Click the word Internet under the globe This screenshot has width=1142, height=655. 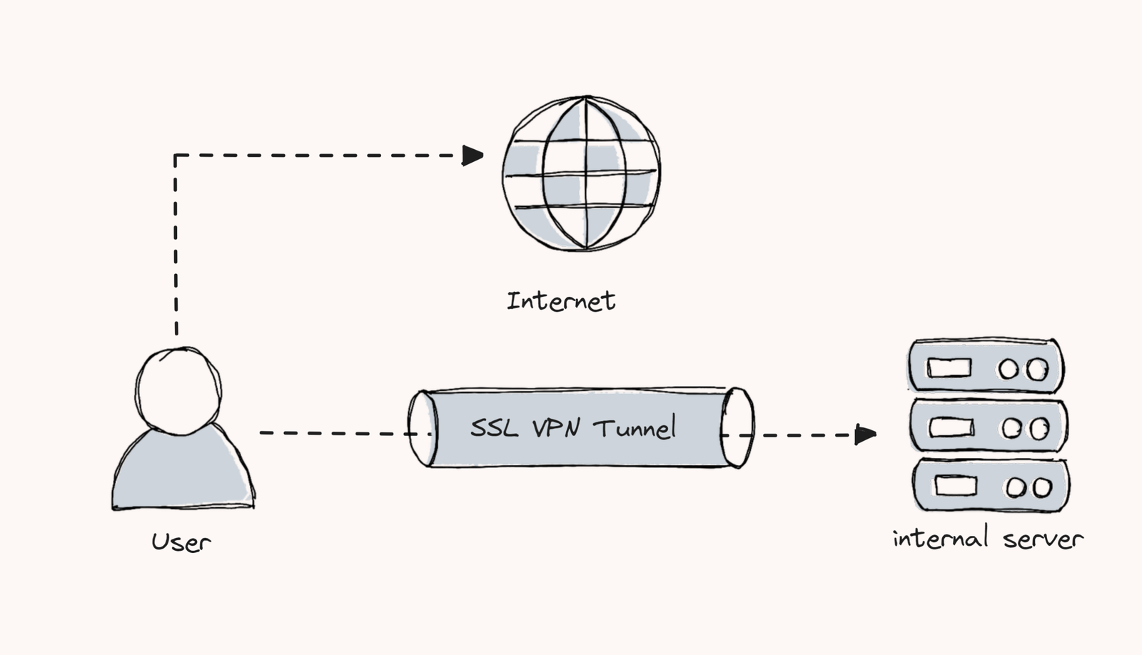click(561, 300)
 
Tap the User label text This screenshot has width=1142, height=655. click(181, 542)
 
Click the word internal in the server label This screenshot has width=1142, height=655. click(940, 537)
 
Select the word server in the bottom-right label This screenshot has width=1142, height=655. click(1043, 539)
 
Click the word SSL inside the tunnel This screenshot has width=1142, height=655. click(494, 427)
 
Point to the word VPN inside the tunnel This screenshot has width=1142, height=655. click(555, 427)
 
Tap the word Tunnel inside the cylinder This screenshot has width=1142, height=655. click(635, 427)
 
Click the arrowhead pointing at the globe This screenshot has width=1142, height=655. click(473, 155)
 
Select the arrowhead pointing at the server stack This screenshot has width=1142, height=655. click(865, 434)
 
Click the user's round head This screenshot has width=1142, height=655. click(178, 391)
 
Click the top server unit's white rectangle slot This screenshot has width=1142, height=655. click(949, 368)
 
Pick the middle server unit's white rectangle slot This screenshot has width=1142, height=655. click(951, 427)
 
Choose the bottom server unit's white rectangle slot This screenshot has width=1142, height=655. click(956, 486)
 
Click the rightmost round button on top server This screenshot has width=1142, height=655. click(1037, 369)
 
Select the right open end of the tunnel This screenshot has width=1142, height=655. click(737, 428)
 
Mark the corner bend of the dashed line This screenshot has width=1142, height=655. click(176, 155)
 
